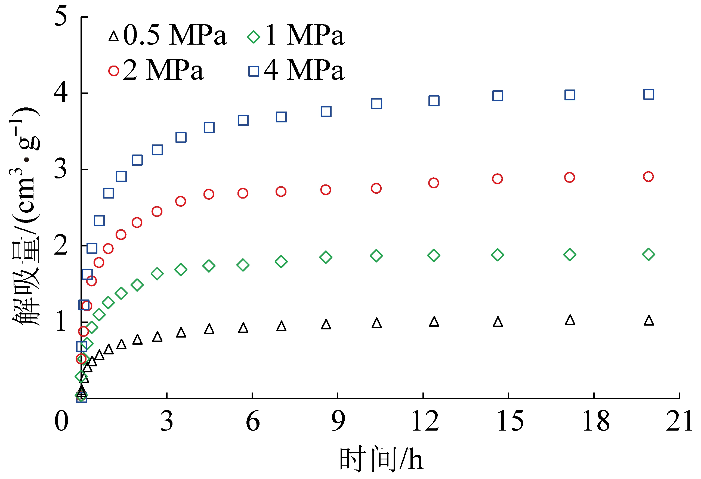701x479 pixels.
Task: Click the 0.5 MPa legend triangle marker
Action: [x=113, y=37]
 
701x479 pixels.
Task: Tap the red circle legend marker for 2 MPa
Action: [x=113, y=71]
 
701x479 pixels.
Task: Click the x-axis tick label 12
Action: [x=425, y=422]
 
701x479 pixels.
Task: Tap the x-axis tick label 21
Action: [x=679, y=422]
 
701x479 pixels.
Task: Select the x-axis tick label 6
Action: [x=252, y=422]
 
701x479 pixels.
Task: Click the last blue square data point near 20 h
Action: [x=648, y=94]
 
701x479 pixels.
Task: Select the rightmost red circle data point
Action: [x=648, y=177]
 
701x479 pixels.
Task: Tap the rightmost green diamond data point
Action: [x=648, y=254]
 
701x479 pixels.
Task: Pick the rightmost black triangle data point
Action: [x=649, y=320]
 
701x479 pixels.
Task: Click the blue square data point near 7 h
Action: [x=281, y=117]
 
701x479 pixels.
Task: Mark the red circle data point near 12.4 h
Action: [x=433, y=183]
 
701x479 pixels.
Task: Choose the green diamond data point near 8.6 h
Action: [x=326, y=257]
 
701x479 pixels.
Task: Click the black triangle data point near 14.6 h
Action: [x=498, y=322]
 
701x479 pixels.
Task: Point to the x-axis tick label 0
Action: [x=61, y=422]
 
